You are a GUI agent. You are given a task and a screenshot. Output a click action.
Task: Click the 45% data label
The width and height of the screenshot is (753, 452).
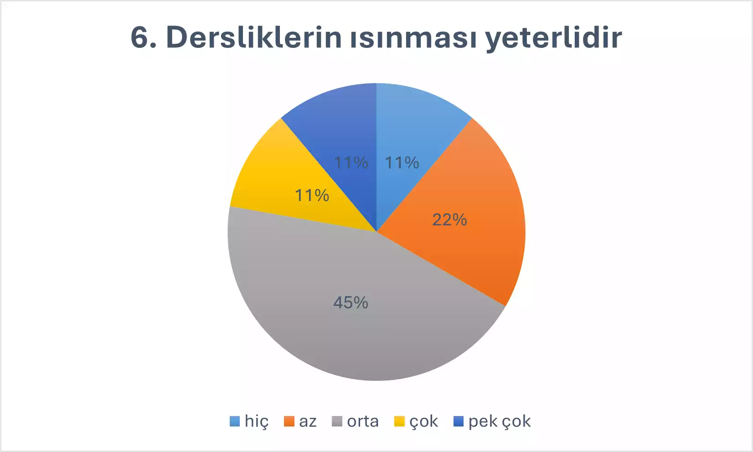(x=351, y=303)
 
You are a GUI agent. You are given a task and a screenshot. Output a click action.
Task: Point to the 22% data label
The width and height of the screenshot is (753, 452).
(x=449, y=220)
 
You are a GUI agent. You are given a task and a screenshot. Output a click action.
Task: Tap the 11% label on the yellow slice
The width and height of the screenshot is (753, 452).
(x=312, y=195)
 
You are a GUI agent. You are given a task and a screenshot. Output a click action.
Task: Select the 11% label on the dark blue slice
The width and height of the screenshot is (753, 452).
(x=351, y=163)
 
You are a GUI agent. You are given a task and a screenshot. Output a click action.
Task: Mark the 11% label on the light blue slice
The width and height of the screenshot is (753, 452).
(x=402, y=163)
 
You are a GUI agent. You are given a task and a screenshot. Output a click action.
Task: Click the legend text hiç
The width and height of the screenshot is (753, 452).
(x=257, y=421)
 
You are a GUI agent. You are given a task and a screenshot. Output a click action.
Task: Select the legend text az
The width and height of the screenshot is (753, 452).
(x=308, y=422)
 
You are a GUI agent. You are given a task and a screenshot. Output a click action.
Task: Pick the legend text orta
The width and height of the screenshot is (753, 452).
(x=363, y=421)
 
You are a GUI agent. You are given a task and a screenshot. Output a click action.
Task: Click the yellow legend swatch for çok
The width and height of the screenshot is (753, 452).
(x=399, y=421)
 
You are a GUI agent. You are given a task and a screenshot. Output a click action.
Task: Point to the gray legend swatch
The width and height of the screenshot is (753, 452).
(x=337, y=421)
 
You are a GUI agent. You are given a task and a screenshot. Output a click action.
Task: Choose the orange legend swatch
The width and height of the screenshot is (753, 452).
(x=289, y=421)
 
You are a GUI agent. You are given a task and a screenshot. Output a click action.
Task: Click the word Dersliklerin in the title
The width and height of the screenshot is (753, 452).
(x=254, y=37)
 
